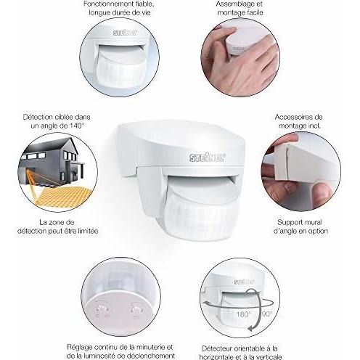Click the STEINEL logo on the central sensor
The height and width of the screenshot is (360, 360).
(x=208, y=157)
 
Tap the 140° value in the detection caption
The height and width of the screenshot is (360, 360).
(x=77, y=126)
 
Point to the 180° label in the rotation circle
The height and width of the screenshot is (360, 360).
(x=244, y=314)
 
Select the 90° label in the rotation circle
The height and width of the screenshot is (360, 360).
(x=267, y=314)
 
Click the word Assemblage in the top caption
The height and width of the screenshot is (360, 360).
(x=232, y=4)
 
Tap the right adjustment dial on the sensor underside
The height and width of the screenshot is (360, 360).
(x=136, y=309)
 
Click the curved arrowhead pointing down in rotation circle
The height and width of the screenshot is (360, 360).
(x=251, y=328)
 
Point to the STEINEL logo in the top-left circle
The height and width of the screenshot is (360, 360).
(x=125, y=33)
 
